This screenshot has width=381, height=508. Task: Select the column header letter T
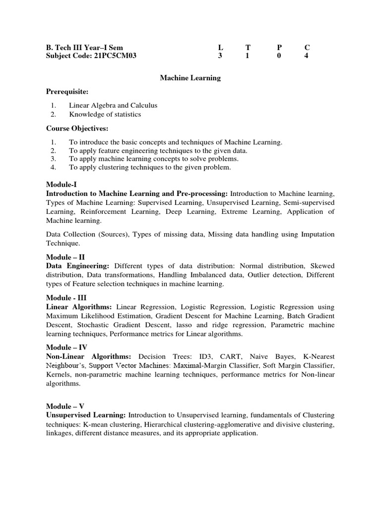coord(248,48)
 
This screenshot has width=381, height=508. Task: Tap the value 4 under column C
coord(306,56)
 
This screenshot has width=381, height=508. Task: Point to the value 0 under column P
coord(279,56)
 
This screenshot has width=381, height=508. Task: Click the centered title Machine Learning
coord(190,78)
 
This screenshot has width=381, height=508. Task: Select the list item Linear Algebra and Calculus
coord(113,105)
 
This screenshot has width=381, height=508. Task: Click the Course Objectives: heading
coord(77,128)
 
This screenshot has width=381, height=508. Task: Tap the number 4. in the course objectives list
coord(54,168)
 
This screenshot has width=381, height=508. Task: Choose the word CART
coord(230,356)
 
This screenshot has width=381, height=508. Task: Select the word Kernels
coord(60,374)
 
